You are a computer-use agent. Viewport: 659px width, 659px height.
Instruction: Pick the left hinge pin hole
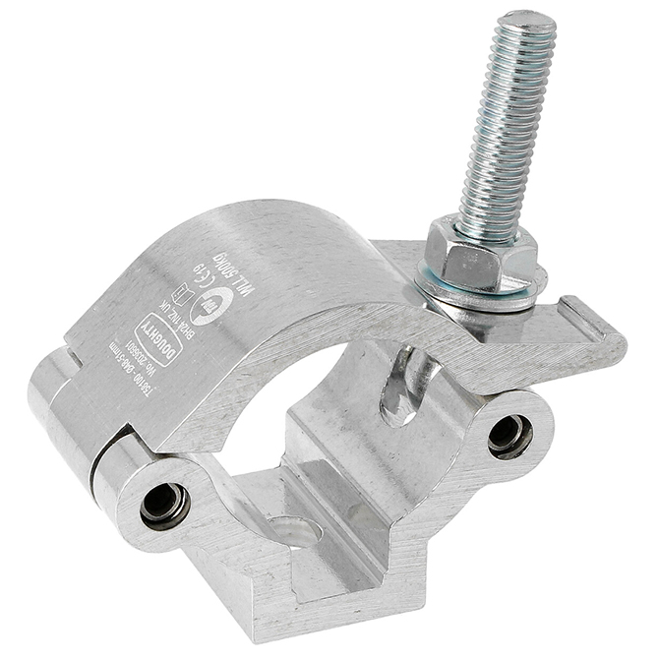pyautogui.click(x=158, y=504)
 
